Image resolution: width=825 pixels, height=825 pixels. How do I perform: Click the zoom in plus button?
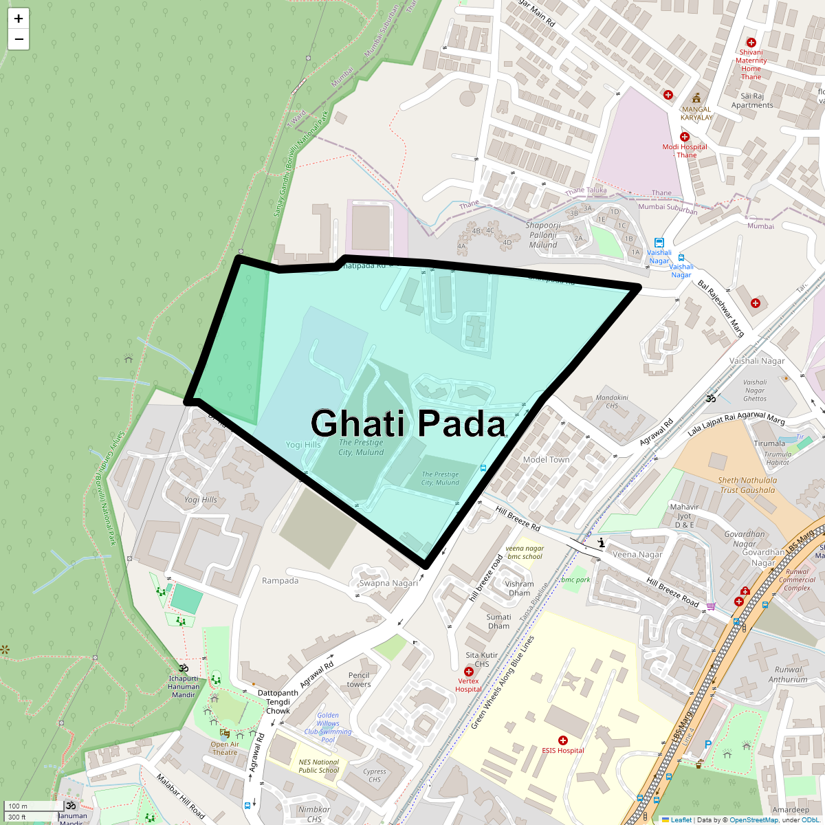click(x=19, y=19)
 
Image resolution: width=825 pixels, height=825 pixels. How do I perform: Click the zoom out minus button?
click(x=19, y=39)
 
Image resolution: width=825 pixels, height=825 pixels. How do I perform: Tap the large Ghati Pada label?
click(x=408, y=423)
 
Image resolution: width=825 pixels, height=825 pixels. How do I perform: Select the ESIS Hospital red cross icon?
click(x=563, y=740)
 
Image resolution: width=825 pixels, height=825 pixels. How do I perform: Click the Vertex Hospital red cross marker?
click(x=468, y=672)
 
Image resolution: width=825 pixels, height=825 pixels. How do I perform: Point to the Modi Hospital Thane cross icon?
click(x=684, y=137)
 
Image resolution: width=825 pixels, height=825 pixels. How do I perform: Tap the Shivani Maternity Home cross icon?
click(x=751, y=43)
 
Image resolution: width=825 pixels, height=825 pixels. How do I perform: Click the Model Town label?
click(x=546, y=460)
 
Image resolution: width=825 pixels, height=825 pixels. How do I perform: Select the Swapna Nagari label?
click(x=388, y=583)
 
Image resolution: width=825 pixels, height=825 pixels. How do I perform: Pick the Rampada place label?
click(x=280, y=581)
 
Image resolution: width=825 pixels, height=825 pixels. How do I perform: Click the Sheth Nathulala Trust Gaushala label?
click(x=747, y=485)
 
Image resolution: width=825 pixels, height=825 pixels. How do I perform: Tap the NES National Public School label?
click(x=319, y=766)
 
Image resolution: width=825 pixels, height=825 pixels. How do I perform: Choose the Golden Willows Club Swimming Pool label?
click(x=328, y=727)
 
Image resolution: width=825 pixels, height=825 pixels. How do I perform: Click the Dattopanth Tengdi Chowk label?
click(x=278, y=702)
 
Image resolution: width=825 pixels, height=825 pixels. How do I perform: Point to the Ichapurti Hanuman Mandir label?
click(x=184, y=686)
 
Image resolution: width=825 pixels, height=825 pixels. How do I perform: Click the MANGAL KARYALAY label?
click(x=696, y=113)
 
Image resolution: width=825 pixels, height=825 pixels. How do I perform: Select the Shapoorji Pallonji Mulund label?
click(x=543, y=235)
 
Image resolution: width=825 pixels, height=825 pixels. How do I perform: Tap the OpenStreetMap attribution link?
click(x=755, y=819)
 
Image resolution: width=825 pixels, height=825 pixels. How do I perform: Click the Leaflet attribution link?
click(x=681, y=819)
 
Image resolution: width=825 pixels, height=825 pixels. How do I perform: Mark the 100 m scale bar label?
click(x=19, y=806)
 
